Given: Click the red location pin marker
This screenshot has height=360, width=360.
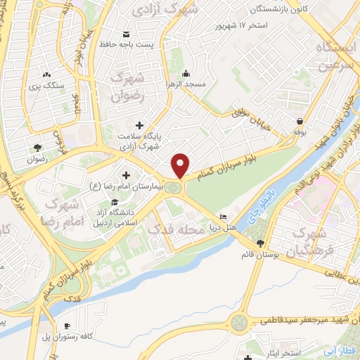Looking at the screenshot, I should [x=181, y=165].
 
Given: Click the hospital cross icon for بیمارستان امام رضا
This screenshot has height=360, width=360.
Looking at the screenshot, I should [x=127, y=175].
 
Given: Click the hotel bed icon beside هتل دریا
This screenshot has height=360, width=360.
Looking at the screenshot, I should [x=224, y=217].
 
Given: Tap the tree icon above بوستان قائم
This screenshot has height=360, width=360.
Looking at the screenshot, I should [x=260, y=243].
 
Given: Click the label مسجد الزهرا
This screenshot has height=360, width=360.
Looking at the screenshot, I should [x=186, y=84].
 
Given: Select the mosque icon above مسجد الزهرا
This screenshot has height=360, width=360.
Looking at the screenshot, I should [x=186, y=73].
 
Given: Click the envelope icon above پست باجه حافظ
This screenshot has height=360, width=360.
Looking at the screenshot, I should [x=126, y=34].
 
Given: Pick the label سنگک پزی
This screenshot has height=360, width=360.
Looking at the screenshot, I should [x=47, y=85].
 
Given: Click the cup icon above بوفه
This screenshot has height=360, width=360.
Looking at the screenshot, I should [x=300, y=121].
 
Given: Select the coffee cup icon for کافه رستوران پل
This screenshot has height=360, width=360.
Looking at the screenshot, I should [x=67, y=326].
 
